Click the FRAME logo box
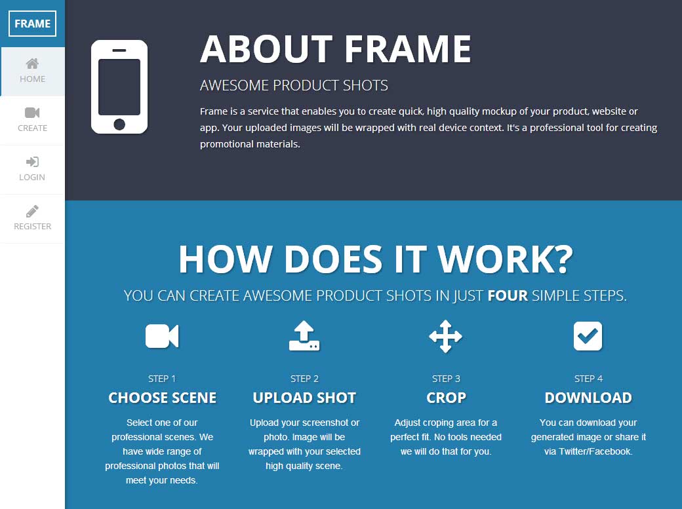(x=32, y=24)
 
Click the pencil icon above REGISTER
(x=32, y=211)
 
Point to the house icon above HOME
(x=32, y=64)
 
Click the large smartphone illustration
(x=119, y=86)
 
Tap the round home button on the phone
(x=119, y=124)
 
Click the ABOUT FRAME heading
(x=335, y=48)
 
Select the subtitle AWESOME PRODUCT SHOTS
(x=294, y=86)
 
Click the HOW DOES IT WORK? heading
(x=376, y=259)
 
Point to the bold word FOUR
(x=508, y=295)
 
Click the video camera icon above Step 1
(x=162, y=336)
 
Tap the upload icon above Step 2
(x=304, y=336)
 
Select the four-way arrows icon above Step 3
(x=446, y=336)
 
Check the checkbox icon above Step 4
(x=588, y=336)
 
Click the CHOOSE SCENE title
(x=162, y=398)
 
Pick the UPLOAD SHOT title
(x=304, y=398)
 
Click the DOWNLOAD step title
(x=588, y=398)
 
